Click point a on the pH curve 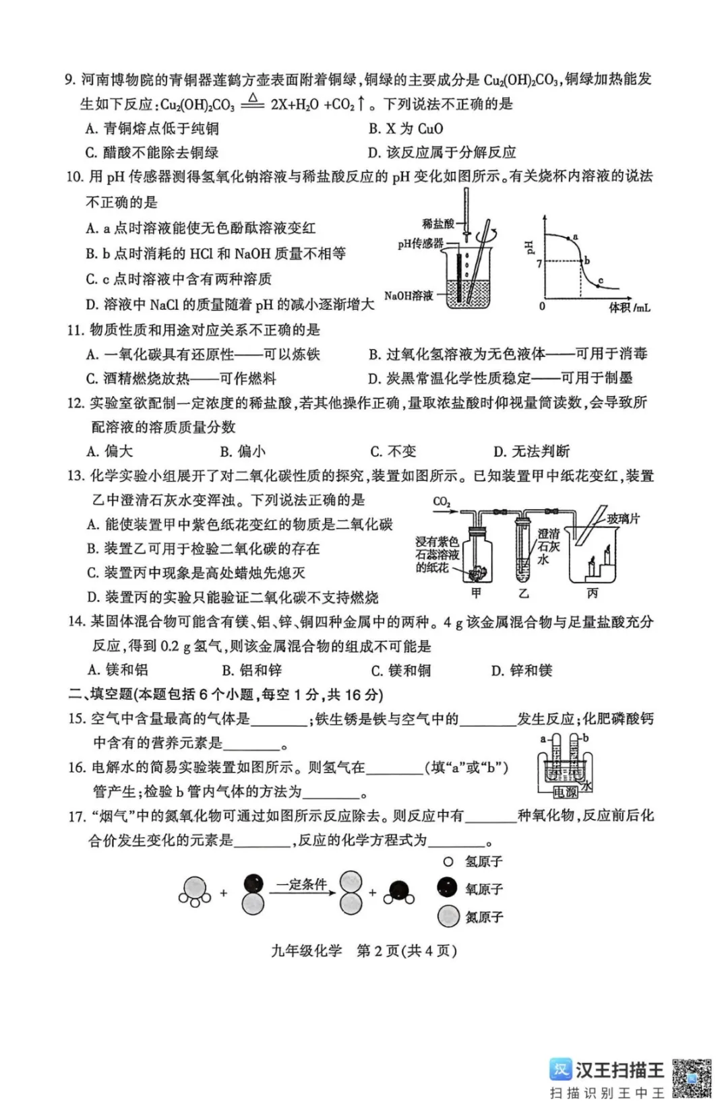point(570,238)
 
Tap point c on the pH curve point(598,286)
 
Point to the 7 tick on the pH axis point(539,263)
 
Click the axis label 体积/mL point(629,308)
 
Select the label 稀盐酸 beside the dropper point(437,224)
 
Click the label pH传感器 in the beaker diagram point(420,244)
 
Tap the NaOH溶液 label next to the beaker point(408,296)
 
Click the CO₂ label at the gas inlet point(442,502)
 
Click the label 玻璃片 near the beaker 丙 point(623,519)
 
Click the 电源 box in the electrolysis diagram point(564,793)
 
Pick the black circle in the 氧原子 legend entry point(446,888)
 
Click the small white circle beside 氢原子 point(448,861)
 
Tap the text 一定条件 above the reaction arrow point(301,884)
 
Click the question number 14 point(77,622)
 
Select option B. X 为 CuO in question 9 point(405,129)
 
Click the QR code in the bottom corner point(691,1078)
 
